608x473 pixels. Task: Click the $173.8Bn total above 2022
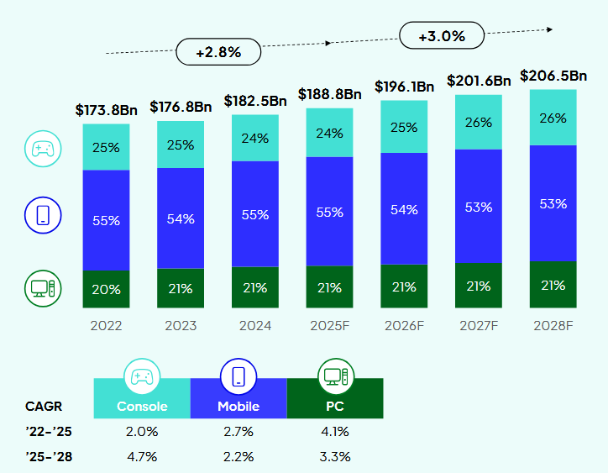(x=106, y=109)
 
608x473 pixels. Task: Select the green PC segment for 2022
(x=106, y=289)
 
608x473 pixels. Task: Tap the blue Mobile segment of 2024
(x=255, y=214)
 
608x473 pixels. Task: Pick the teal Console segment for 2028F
(x=553, y=118)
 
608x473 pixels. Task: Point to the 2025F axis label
(x=329, y=325)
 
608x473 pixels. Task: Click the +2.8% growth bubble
(x=218, y=52)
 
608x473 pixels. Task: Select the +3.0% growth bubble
(x=442, y=36)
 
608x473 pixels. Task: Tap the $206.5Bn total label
(x=553, y=76)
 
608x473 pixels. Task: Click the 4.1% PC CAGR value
(x=334, y=432)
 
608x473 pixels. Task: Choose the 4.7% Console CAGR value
(x=142, y=457)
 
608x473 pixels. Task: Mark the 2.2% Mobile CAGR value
(x=238, y=457)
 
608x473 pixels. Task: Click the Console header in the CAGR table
(x=142, y=407)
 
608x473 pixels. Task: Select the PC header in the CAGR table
(x=334, y=407)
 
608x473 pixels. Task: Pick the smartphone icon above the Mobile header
(x=238, y=376)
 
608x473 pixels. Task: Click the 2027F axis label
(x=479, y=325)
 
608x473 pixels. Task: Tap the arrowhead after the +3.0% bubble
(x=549, y=29)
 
